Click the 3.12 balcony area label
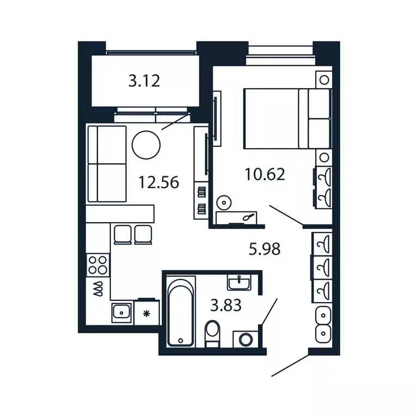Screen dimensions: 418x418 [x=144, y=82]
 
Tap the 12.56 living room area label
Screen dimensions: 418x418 [x=158, y=182]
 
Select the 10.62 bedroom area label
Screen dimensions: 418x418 [x=265, y=175]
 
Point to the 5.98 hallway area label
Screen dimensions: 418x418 [x=265, y=249]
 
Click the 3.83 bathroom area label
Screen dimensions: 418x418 [x=226, y=305]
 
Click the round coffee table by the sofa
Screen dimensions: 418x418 [x=146, y=145]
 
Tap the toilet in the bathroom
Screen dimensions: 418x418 [x=213, y=333]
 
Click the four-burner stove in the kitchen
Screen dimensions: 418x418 [x=98, y=265]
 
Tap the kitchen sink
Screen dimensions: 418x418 [x=121, y=312]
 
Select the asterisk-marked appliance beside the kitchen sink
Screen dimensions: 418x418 [x=146, y=313]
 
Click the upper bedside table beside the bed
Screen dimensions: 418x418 [x=324, y=79]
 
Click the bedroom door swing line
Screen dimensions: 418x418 [x=286, y=214]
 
